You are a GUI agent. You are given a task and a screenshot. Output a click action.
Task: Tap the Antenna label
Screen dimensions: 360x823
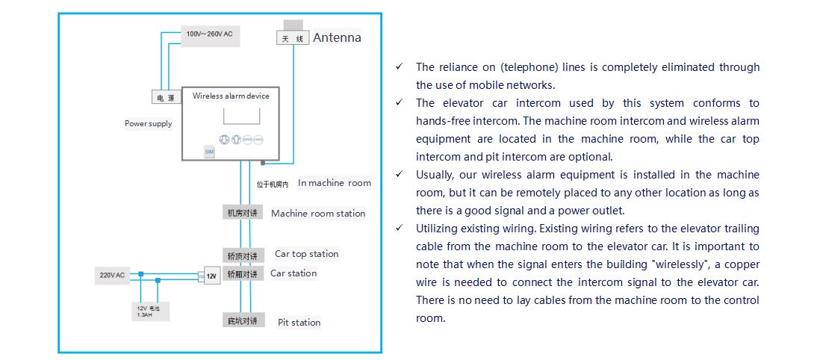[x=337, y=37]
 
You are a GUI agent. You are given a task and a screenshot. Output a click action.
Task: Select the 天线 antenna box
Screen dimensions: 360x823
[x=292, y=38]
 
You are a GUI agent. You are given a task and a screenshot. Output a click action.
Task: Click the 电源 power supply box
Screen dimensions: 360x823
[x=162, y=98]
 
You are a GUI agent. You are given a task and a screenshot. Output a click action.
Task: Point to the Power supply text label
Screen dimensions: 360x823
[x=148, y=123]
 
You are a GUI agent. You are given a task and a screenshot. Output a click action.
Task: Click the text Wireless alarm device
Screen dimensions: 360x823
[x=231, y=96]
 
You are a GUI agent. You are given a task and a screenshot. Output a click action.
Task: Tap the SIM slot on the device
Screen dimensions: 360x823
[x=209, y=151]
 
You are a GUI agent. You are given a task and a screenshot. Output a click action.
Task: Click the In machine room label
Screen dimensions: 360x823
[x=334, y=183]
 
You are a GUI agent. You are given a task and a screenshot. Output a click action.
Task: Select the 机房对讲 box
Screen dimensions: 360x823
[x=243, y=213]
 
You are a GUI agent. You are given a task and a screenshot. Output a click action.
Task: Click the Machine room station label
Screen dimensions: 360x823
[x=318, y=214]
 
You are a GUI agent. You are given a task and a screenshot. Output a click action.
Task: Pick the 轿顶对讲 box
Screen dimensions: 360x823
[x=243, y=255]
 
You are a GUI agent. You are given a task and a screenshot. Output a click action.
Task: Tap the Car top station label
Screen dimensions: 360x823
[x=306, y=254]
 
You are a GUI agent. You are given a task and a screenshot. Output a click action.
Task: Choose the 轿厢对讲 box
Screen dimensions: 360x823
[x=243, y=274]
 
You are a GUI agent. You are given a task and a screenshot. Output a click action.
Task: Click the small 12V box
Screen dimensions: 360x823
[x=212, y=276]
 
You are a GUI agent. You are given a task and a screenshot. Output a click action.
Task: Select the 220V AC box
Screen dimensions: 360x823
[x=113, y=275]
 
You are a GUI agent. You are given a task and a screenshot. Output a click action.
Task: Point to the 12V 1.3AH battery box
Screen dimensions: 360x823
[x=149, y=310]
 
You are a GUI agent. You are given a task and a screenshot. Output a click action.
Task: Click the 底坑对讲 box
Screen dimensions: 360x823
[x=243, y=321]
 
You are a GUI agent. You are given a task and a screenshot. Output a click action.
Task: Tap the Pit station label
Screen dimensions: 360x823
[x=299, y=323]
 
